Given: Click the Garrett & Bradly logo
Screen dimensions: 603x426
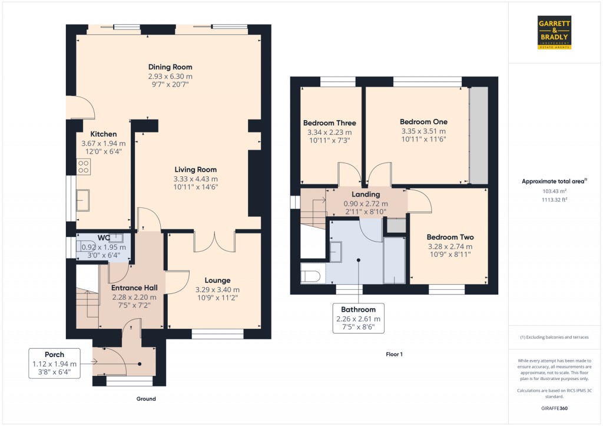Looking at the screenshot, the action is (x=554, y=32).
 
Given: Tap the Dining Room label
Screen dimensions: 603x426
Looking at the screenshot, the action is (x=170, y=67).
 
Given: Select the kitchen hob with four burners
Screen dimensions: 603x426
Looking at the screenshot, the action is (x=84, y=167).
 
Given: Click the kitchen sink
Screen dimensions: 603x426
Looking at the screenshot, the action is (x=82, y=200).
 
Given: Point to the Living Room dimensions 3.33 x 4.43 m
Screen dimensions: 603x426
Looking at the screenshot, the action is (x=196, y=179).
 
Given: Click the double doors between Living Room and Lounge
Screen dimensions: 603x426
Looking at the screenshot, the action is (x=214, y=242).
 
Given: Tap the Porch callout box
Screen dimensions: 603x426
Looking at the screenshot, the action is (x=55, y=364).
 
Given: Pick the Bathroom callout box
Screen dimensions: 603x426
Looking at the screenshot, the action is (x=359, y=318).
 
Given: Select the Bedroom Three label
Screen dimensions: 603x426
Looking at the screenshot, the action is (x=330, y=123).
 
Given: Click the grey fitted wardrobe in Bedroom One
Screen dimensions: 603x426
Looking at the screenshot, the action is (x=479, y=136).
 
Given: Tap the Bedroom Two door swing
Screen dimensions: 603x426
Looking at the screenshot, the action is (x=420, y=201).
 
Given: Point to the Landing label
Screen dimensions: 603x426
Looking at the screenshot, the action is (x=366, y=194).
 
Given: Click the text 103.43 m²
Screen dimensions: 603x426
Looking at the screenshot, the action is (x=555, y=191).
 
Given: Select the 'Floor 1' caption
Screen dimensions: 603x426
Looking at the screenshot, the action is (x=394, y=355).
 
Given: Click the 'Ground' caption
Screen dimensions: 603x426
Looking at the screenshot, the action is (x=146, y=399).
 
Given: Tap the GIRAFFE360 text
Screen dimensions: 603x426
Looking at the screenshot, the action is (x=555, y=408).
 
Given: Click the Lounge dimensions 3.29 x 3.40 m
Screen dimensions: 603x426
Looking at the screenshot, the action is (x=218, y=290).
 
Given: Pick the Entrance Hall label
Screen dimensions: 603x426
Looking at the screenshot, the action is (x=135, y=288).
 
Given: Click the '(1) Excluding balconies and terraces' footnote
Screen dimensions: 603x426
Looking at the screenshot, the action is (x=555, y=338).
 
